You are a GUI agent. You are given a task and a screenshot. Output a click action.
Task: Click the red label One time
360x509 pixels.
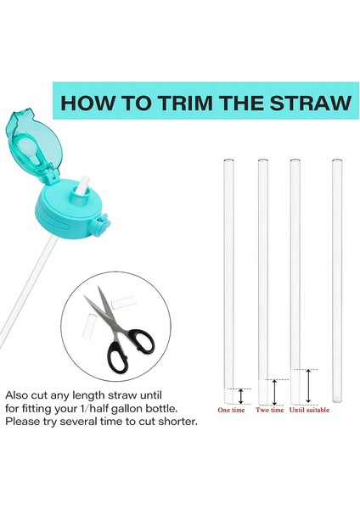(x=231, y=410)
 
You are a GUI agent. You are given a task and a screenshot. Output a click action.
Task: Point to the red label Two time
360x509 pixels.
(x=269, y=410)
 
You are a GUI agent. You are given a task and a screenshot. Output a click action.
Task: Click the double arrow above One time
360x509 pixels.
(x=240, y=394)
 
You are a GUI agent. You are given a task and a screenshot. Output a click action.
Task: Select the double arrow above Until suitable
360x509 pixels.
(x=308, y=386)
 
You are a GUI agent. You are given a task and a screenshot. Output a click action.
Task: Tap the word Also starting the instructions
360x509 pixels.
(x=19, y=396)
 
